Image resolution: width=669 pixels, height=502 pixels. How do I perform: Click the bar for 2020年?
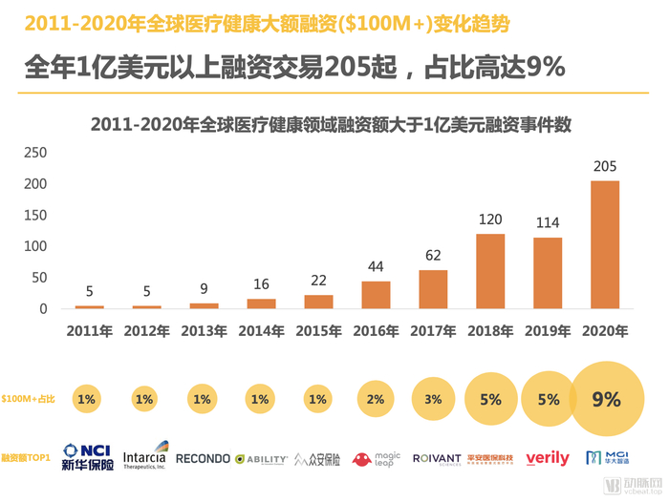pyautogui.click(x=604, y=244)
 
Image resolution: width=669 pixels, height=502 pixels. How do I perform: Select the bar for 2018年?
pyautogui.click(x=490, y=271)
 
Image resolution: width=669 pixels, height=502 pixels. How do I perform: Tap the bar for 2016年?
pyautogui.click(x=376, y=295)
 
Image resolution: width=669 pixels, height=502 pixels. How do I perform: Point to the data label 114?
pyautogui.click(x=548, y=222)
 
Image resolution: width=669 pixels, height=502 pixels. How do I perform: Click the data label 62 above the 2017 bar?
pyautogui.click(x=433, y=256)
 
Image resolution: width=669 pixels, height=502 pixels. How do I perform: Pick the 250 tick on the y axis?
pyautogui.click(x=35, y=152)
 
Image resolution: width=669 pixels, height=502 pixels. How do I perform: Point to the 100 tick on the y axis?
pyautogui.click(x=35, y=245)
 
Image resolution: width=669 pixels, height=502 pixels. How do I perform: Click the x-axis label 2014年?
pyautogui.click(x=261, y=331)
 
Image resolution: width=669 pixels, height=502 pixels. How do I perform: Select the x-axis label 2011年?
pyautogui.click(x=90, y=331)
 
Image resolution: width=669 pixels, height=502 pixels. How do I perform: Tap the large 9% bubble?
pyautogui.click(x=606, y=400)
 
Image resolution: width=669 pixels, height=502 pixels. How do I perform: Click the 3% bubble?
pyautogui.click(x=433, y=400)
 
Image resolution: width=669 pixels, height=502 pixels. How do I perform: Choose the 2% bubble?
pyautogui.click(x=376, y=400)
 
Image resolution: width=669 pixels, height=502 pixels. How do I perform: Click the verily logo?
pyautogui.click(x=548, y=458)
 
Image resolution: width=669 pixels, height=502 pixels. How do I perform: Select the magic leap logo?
pyautogui.click(x=375, y=458)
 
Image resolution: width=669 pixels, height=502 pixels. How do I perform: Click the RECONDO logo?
pyautogui.click(x=203, y=458)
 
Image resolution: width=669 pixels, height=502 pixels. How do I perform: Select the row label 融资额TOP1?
pyautogui.click(x=28, y=458)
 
